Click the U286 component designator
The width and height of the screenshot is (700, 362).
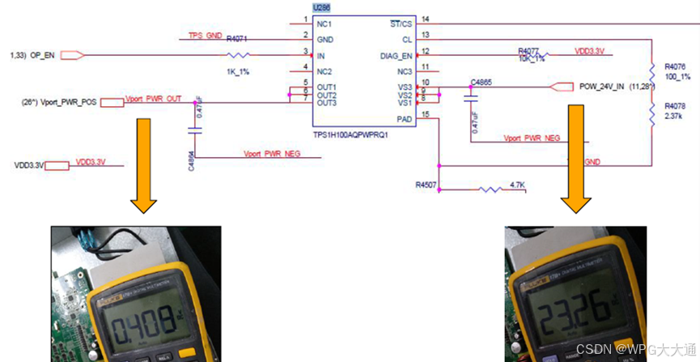309,7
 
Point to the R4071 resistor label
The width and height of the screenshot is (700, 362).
237,38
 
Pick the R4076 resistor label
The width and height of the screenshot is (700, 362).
674,66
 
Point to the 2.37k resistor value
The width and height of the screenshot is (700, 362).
674,116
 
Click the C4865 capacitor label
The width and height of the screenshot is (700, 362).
482,82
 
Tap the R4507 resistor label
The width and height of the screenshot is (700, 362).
426,185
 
